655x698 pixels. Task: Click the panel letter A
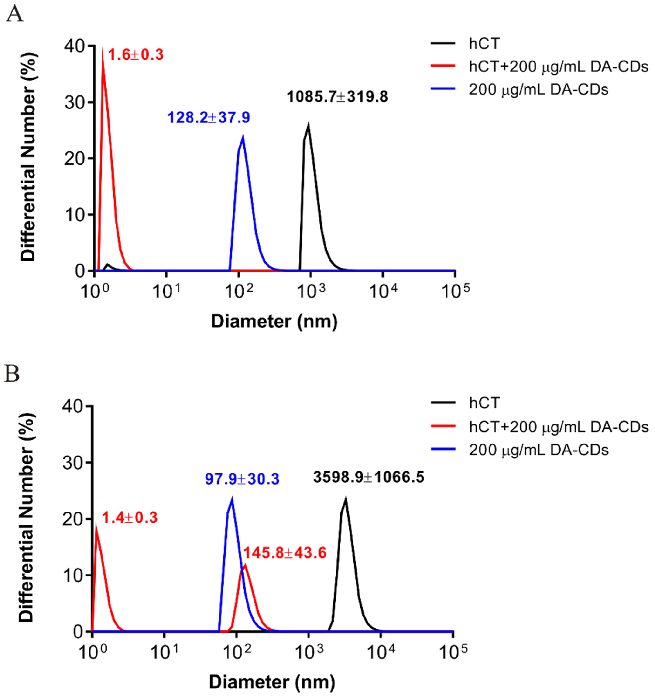tap(14, 15)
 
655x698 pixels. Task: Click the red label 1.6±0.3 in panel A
tap(136, 55)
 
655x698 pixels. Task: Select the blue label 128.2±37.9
tap(209, 117)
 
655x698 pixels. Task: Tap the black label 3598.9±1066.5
tap(369, 477)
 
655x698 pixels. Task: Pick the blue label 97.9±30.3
tap(242, 479)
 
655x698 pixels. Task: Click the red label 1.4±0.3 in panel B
tap(130, 518)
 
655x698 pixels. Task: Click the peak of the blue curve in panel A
tap(243, 137)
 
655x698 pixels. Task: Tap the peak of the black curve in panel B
tap(346, 500)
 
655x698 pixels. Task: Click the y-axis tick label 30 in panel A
tap(72, 102)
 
